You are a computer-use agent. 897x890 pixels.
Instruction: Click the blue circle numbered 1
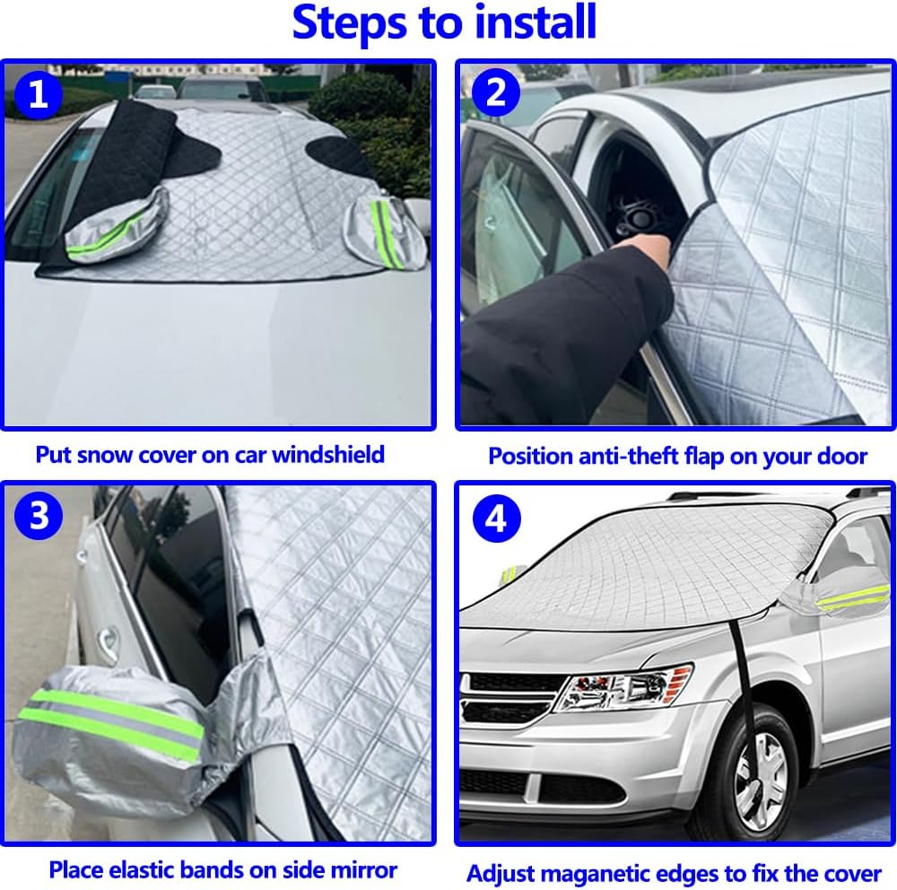pos(38,94)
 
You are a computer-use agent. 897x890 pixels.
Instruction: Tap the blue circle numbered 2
pos(495,92)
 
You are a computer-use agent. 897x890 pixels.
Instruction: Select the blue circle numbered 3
pos(39,515)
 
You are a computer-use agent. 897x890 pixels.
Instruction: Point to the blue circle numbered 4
pos(496,519)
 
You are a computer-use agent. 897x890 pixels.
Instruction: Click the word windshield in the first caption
pos(327,455)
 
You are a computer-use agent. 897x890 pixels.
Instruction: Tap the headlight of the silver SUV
pos(623,688)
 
